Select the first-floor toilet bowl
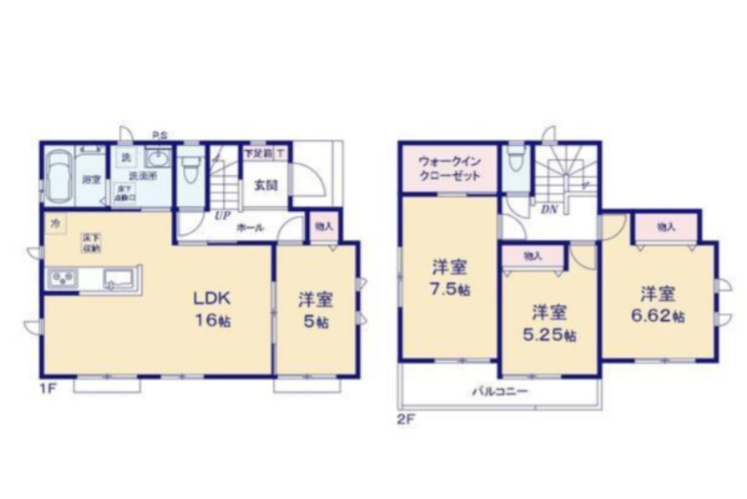pos(191,168)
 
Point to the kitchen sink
pos(118,279)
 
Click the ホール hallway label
pos(249,226)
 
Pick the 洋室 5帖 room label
pos(314,309)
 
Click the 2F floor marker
pos(406,420)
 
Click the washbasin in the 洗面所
pos(157,160)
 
